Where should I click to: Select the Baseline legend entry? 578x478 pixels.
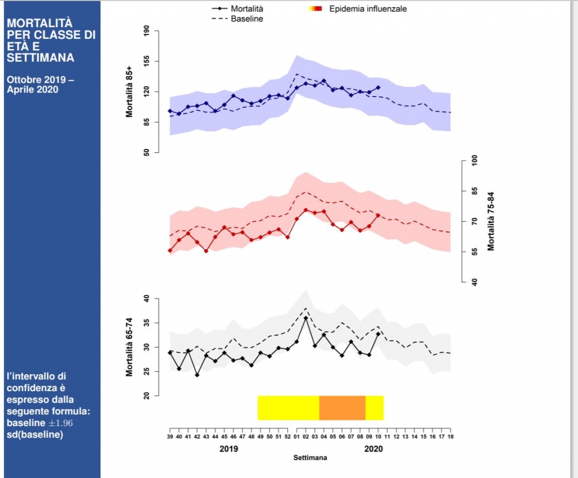point(247,19)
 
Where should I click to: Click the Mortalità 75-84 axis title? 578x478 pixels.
point(491,221)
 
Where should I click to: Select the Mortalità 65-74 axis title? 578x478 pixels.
point(129,347)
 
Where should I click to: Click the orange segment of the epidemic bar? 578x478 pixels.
point(342,408)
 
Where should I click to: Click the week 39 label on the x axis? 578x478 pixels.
point(170,437)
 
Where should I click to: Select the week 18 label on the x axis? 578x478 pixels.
point(450,437)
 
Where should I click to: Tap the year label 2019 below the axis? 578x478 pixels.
point(229,449)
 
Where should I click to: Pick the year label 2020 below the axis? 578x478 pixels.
point(374,449)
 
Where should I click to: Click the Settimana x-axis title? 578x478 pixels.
point(310,458)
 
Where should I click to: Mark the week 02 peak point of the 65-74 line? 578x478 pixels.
point(305,318)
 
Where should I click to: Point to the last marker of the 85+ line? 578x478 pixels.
point(378,87)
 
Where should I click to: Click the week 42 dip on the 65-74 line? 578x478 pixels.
point(197,375)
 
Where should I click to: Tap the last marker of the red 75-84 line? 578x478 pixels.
point(378,216)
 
